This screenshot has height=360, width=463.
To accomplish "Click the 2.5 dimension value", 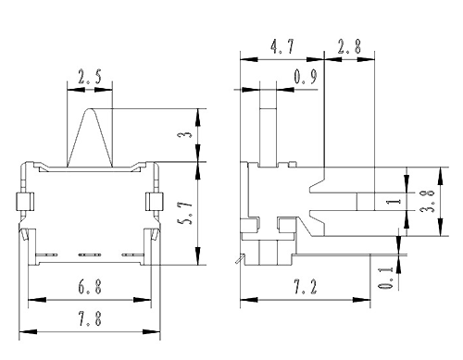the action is [x=90, y=77].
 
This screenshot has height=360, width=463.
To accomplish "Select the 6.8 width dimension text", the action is [x=90, y=287].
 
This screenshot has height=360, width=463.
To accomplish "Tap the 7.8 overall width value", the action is [x=90, y=318].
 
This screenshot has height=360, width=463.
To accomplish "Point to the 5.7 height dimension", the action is [x=186, y=213].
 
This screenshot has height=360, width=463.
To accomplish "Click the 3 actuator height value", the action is [x=186, y=135].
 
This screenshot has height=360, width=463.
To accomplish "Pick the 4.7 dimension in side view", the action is [x=282, y=46].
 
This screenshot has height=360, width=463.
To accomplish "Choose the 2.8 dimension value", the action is [x=349, y=46].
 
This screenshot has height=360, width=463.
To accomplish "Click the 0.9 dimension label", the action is [x=306, y=77].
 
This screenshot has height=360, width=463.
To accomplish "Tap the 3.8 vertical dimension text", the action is [x=428, y=201].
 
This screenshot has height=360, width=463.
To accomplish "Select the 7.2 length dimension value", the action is [x=306, y=287].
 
